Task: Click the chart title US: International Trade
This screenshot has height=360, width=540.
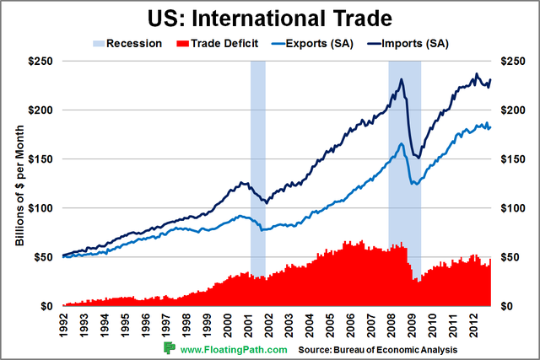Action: click(x=269, y=17)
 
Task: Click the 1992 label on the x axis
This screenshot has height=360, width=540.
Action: click(x=62, y=323)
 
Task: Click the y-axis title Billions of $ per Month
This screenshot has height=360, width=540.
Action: click(x=19, y=184)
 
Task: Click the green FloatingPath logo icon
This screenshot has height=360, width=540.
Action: click(x=170, y=348)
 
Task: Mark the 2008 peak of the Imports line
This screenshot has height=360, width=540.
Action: click(x=402, y=79)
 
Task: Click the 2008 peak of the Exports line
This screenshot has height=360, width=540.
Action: click(x=402, y=143)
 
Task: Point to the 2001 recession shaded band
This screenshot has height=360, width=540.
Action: click(x=257, y=169)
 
